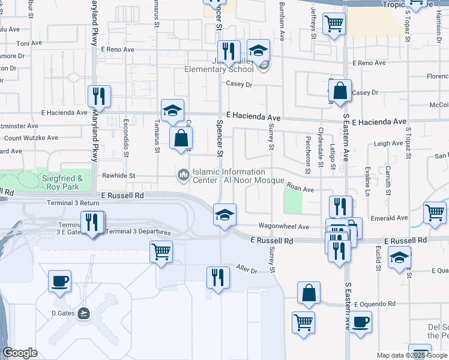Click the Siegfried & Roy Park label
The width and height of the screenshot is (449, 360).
[62, 182]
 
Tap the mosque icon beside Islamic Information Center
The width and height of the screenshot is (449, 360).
[183, 175]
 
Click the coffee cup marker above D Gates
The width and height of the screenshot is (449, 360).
[59, 281]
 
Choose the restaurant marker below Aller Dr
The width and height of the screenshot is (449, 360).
[218, 277]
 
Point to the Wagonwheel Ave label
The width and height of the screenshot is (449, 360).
[283, 227]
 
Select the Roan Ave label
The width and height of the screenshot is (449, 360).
[300, 189]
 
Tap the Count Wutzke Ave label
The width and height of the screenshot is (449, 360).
[29, 138]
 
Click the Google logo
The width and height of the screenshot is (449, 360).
[20, 353]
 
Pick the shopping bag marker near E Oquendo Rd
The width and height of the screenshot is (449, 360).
[309, 293]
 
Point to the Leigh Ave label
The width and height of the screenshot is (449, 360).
[388, 144]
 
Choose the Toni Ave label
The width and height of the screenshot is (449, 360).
[29, 43]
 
